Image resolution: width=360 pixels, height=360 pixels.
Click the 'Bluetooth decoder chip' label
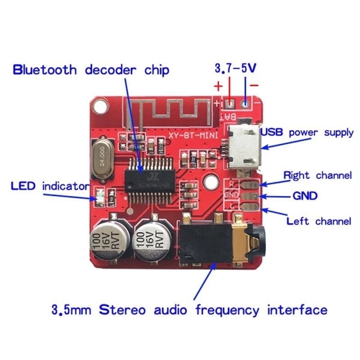[x=91, y=70]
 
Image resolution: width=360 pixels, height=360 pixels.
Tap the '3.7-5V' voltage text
[x=235, y=69]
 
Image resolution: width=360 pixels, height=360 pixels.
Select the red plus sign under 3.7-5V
[x=218, y=85]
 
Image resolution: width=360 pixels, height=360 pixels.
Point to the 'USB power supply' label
[x=307, y=133]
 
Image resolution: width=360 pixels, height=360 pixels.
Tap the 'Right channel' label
[x=317, y=175]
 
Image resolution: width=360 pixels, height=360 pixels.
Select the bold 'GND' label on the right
[x=305, y=196]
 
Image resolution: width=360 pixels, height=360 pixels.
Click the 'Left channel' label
[x=319, y=221]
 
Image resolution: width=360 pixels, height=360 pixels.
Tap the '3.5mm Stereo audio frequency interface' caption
[x=189, y=310]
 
